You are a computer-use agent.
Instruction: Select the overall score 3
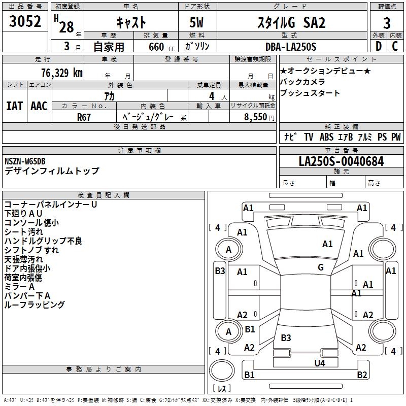pos(387,23)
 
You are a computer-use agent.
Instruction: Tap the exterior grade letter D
pos(378,46)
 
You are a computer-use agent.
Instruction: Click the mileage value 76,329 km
pos(61,73)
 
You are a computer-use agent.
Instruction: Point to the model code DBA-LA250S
pos(290,47)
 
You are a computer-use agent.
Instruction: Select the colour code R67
pos(84,116)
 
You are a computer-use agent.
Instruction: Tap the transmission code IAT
pos(14,106)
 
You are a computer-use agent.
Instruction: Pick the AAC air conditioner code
pos(39,106)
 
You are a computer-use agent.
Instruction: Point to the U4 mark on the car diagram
pos(319,363)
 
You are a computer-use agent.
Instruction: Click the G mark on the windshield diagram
pos(321,267)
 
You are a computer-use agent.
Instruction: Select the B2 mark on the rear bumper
pos(362,375)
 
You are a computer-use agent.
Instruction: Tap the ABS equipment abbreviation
pos(326,137)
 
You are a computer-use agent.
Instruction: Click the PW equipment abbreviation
pos(396,137)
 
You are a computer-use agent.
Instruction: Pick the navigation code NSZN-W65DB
pos(25,161)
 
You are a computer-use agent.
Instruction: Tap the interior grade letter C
pos(395,46)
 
